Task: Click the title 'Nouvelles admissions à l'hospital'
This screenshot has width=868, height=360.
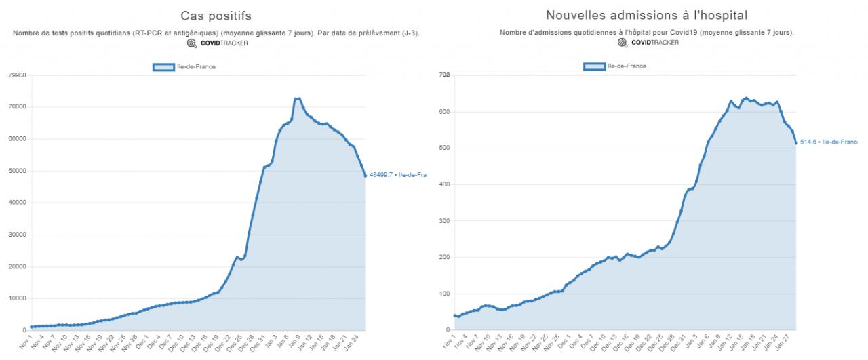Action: (638, 15)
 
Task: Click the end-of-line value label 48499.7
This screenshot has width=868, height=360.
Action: (397, 175)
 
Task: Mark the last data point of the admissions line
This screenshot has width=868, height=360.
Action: (796, 142)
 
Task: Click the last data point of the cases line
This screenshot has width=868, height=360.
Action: (366, 176)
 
